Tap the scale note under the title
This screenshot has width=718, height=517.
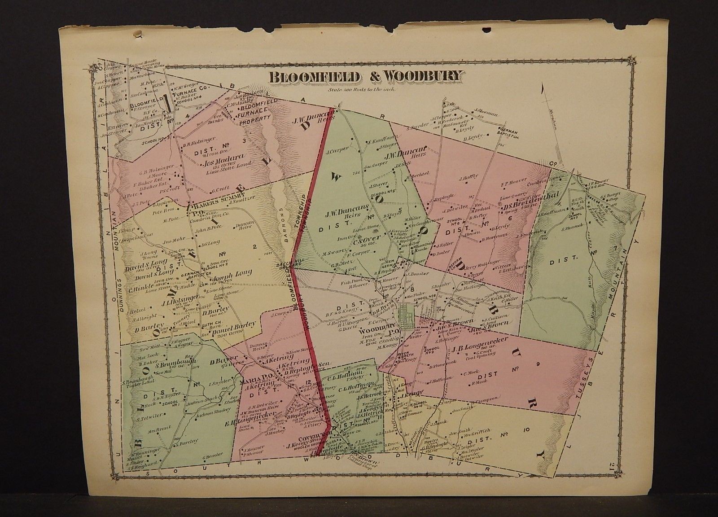pos(366,89)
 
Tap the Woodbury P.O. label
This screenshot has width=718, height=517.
pos(379,333)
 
